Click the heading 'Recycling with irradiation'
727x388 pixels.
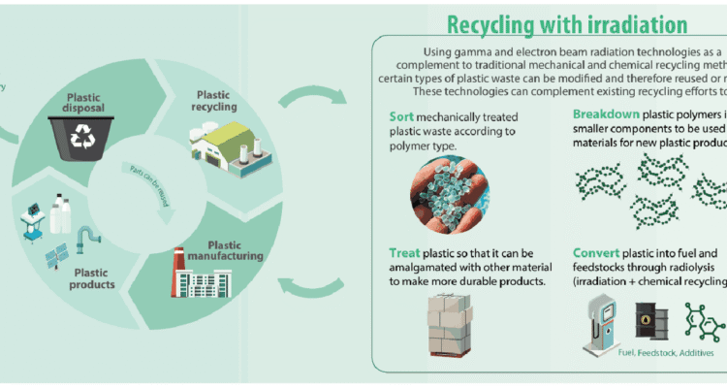566,23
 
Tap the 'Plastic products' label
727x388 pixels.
97,278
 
